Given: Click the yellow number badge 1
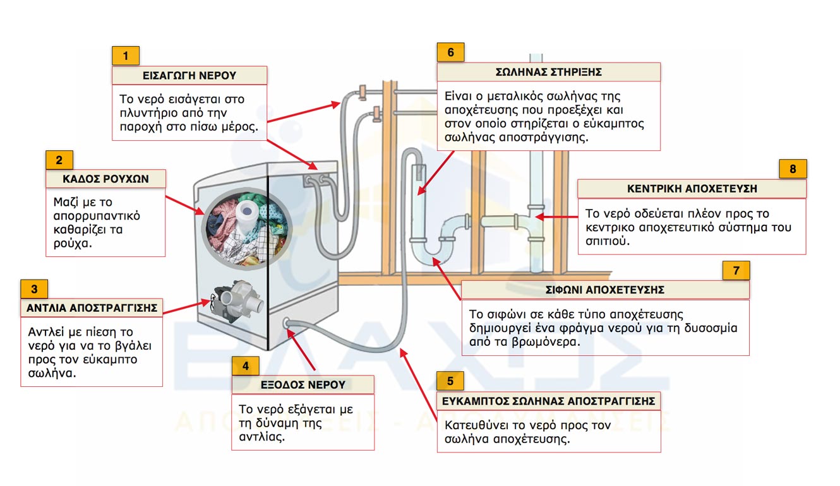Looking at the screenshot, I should pos(126,56).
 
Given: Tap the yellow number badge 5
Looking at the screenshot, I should pos(450,381).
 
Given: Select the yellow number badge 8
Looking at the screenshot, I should pos(793,169).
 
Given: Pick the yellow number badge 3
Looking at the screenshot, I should pos(34,290).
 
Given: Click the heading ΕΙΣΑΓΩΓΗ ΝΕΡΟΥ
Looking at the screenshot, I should pos(189,76).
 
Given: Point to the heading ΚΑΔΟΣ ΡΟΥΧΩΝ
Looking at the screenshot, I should pos(105,179).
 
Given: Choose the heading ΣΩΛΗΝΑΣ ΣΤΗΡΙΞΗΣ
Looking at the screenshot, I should pos(548,72).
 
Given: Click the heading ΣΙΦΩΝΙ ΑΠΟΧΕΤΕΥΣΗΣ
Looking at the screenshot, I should pos(605,290).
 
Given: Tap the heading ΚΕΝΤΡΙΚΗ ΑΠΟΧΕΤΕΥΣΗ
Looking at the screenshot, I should pos(692,189).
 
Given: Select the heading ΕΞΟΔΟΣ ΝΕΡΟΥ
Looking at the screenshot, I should pos(303,384).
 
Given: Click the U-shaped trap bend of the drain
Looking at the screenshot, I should pos(436,249).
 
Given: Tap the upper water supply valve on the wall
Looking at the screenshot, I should pos(363,93).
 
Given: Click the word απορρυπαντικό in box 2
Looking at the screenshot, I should pos(97,216).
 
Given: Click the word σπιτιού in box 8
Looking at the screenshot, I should pos(607,241).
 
